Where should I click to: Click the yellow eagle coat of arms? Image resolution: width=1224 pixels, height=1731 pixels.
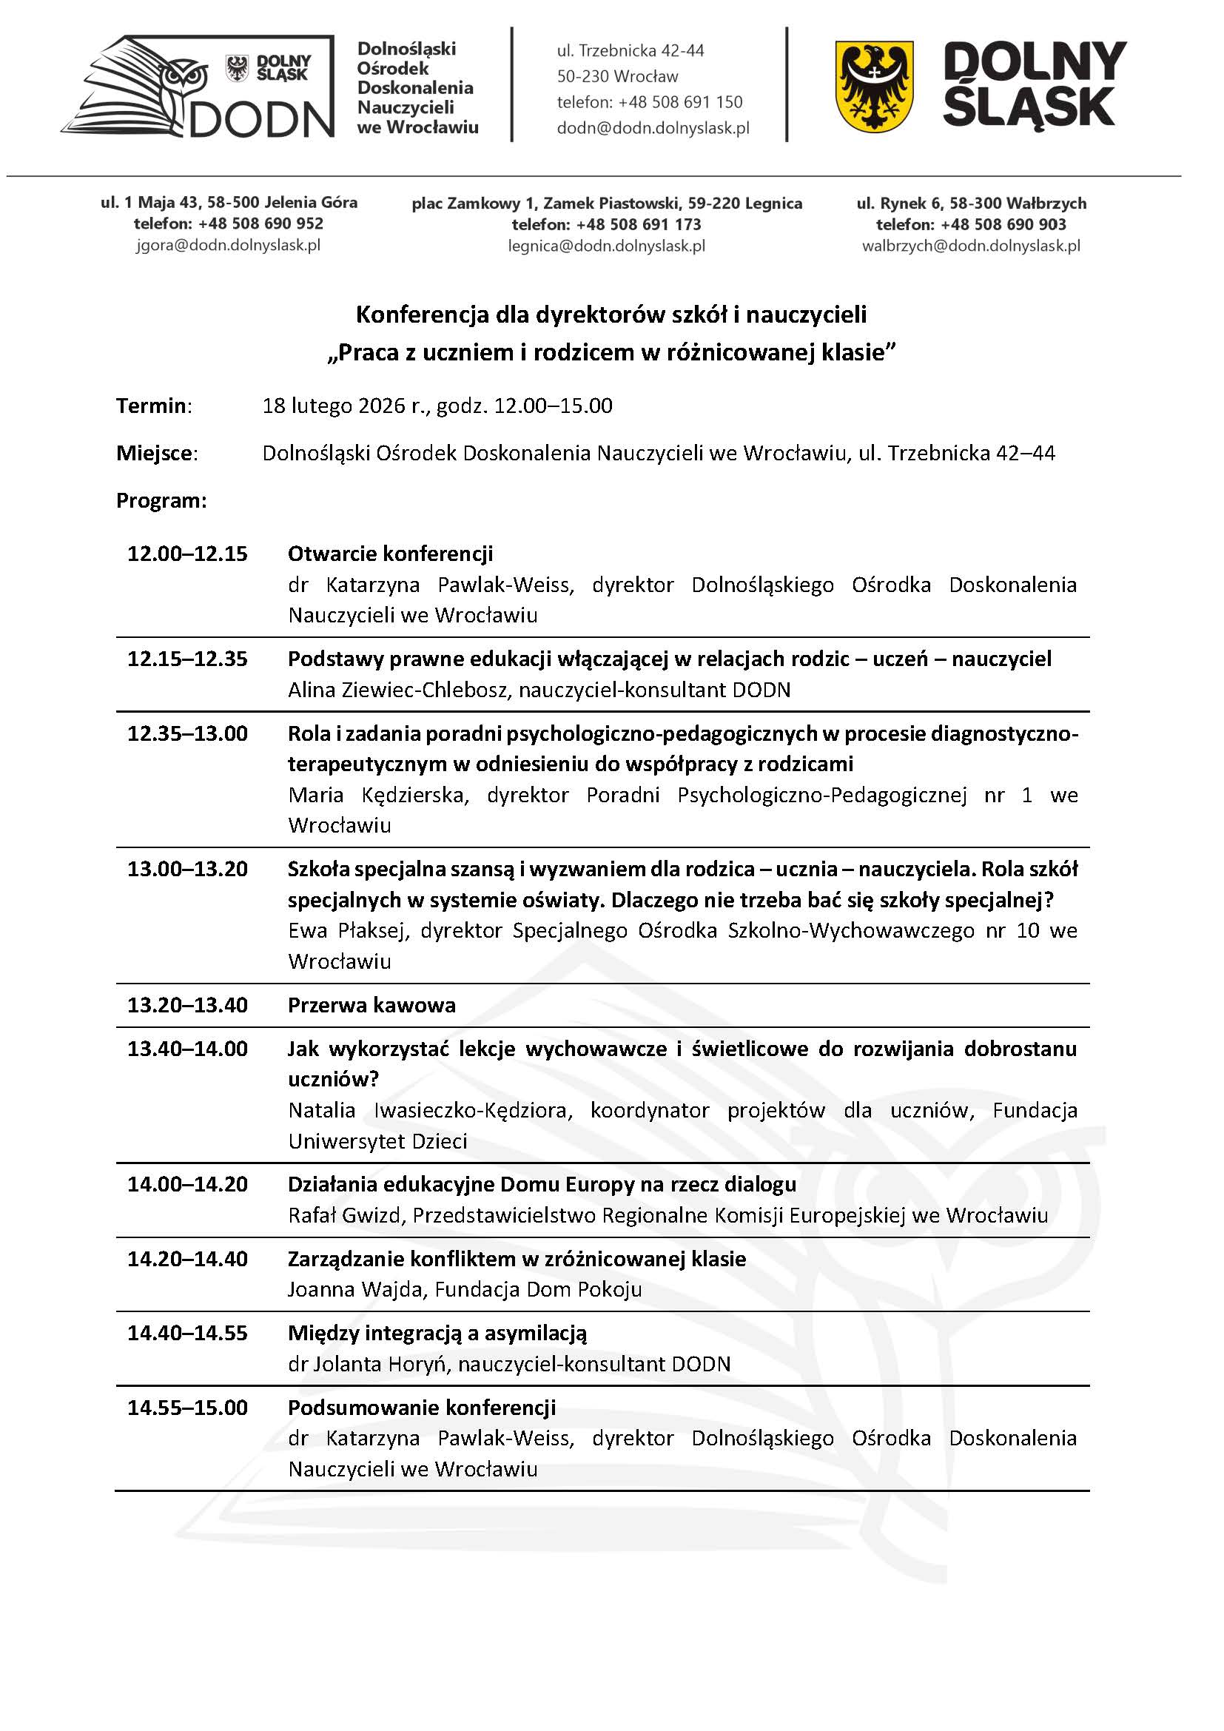click(x=873, y=86)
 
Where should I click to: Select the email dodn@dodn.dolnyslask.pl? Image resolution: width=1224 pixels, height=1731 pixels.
click(x=653, y=128)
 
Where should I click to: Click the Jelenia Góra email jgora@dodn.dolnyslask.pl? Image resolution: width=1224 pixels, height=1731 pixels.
click(x=229, y=245)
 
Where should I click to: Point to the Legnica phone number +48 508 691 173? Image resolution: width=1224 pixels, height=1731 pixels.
click(x=639, y=224)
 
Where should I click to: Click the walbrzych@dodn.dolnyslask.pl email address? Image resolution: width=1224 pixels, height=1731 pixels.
click(x=971, y=246)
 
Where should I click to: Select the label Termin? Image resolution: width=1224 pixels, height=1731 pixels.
click(x=153, y=406)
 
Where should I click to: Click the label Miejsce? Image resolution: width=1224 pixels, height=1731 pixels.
click(x=156, y=453)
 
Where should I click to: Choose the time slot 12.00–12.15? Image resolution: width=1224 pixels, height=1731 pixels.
click(x=187, y=554)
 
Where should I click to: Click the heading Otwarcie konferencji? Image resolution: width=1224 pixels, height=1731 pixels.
click(x=391, y=554)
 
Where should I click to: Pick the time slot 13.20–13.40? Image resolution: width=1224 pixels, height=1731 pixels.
click(x=187, y=1005)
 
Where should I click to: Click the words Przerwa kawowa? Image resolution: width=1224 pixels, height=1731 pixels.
click(x=371, y=1005)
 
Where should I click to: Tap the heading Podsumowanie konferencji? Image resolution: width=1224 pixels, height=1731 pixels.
click(x=421, y=1408)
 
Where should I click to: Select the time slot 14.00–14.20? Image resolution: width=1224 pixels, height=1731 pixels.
click(x=187, y=1184)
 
